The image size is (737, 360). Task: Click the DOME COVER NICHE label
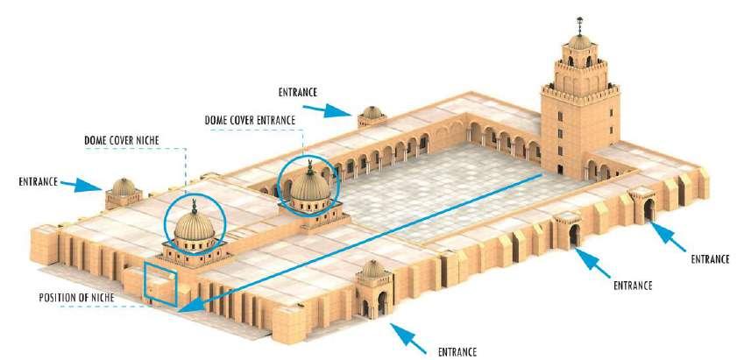click(122, 140)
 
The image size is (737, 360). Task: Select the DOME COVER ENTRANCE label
click(250, 120)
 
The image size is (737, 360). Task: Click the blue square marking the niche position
click(160, 285)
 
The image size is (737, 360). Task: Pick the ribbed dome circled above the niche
click(195, 227)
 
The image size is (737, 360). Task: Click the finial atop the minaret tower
click(580, 26)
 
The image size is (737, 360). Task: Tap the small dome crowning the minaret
click(580, 42)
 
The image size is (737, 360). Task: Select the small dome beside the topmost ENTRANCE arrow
click(372, 112)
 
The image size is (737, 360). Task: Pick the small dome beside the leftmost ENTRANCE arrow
click(124, 187)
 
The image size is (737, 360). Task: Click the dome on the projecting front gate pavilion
click(373, 269)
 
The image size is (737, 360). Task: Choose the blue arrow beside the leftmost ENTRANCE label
click(81, 185)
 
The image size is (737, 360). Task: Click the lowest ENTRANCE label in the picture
click(457, 351)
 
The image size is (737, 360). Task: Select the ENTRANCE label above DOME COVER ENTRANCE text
click(298, 92)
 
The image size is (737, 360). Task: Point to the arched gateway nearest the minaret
click(648, 209)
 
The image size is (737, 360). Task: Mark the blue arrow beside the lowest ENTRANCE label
click(407, 338)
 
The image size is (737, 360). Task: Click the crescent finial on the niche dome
click(195, 205)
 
